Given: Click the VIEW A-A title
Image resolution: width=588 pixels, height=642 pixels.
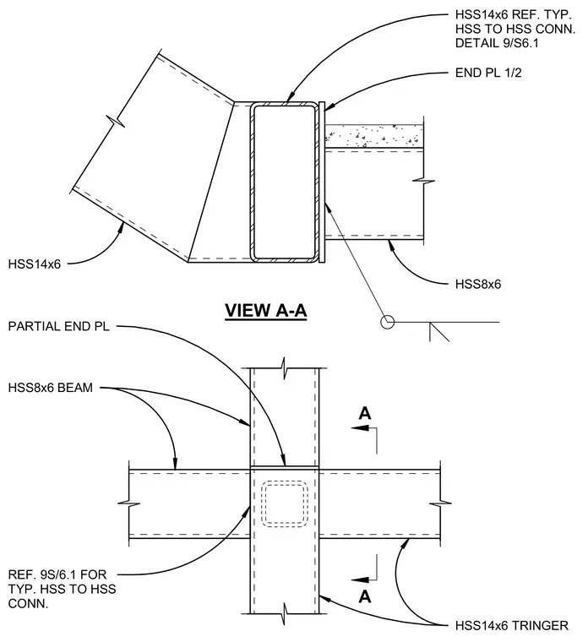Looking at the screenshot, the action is (x=266, y=310).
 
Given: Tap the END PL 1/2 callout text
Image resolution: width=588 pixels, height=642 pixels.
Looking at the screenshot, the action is (x=488, y=73).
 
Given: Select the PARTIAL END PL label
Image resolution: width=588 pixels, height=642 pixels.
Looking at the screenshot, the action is (x=58, y=326).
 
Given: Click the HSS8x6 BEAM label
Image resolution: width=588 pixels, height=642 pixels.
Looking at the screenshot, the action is (x=51, y=388).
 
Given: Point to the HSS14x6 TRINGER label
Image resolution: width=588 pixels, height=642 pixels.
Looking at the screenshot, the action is (x=511, y=626).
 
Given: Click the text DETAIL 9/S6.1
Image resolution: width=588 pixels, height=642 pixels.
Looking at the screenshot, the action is (x=497, y=43).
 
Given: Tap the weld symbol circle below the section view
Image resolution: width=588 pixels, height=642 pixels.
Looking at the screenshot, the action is (x=388, y=322).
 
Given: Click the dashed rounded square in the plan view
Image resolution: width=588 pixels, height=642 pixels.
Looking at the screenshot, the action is (x=285, y=503).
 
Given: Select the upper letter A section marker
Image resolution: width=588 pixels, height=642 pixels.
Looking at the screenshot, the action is (x=365, y=413).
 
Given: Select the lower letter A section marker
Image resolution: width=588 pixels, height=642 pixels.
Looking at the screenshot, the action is (x=365, y=596).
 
